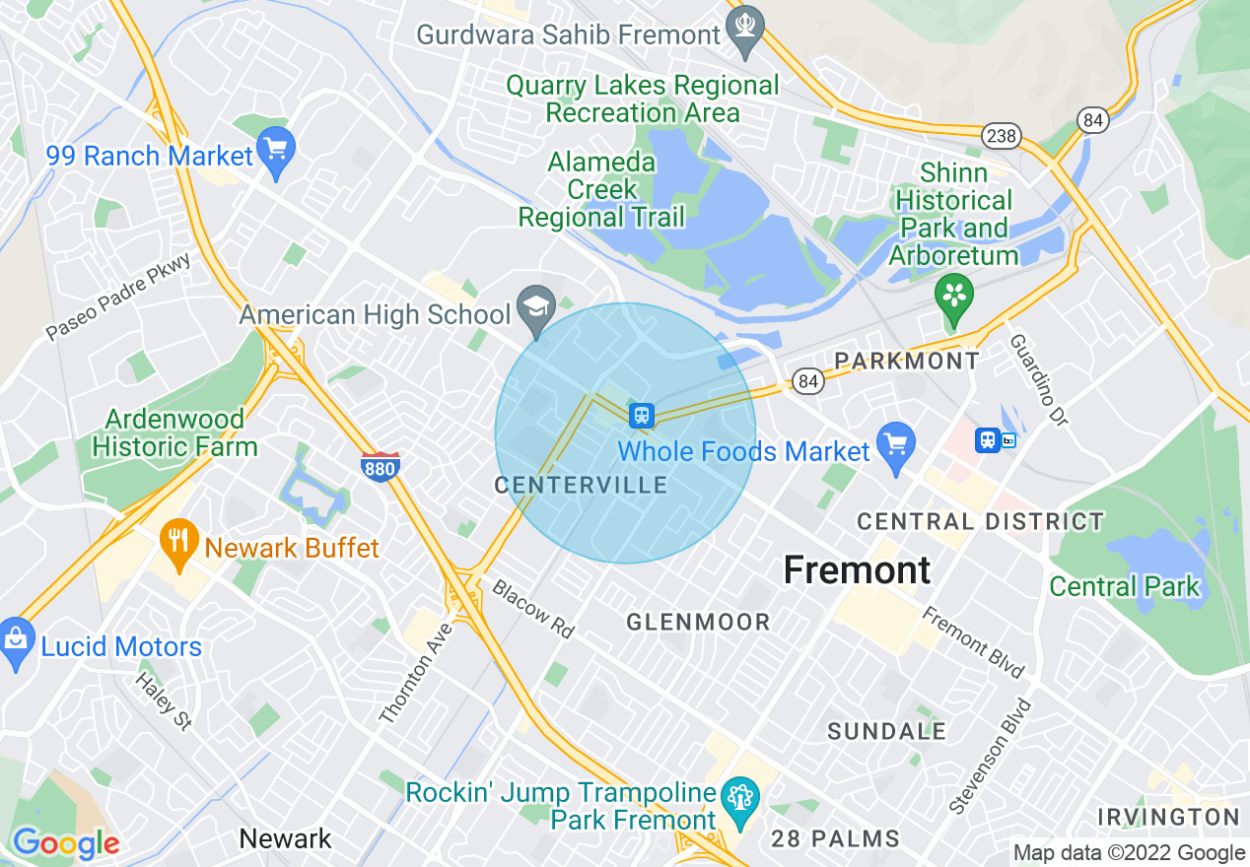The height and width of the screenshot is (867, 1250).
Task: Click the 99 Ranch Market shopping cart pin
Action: [x=276, y=152]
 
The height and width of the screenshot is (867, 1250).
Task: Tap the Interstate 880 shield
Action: [x=380, y=464]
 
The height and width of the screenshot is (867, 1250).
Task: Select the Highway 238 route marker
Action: [x=1001, y=136]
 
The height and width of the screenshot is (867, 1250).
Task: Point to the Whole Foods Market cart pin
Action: [x=896, y=446]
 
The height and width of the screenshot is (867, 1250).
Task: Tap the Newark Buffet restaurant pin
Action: [x=178, y=543]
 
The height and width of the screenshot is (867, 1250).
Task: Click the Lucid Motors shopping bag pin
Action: [x=17, y=641]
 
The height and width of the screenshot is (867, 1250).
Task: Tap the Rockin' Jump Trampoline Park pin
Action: [x=738, y=799]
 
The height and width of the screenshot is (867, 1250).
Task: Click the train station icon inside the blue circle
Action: [x=642, y=415]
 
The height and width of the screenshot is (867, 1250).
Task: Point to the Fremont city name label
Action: [x=857, y=569]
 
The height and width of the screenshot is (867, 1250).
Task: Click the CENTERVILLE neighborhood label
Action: [x=581, y=485]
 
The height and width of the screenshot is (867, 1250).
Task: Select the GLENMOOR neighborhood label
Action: [x=698, y=622]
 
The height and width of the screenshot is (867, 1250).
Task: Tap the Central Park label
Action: [x=1124, y=587]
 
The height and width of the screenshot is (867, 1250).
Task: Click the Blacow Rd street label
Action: [x=532, y=609]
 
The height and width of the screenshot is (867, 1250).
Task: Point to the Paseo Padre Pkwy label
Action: [x=118, y=296]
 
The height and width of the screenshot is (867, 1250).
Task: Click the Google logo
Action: [x=65, y=843]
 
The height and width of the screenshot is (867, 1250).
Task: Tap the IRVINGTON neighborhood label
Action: [x=1168, y=817]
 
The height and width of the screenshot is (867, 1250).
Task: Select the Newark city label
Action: [x=286, y=838]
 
